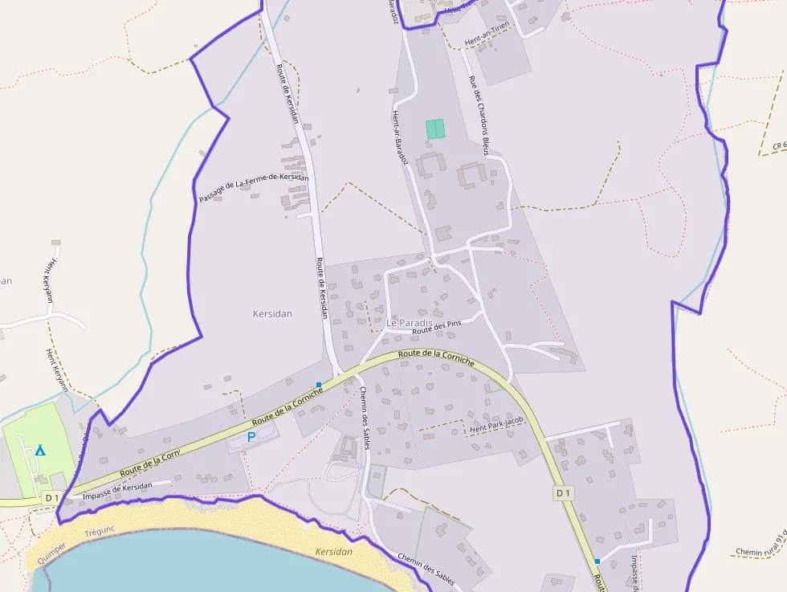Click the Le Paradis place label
(x=409, y=323)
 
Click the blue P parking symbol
(x=251, y=437)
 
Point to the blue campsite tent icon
(x=40, y=449)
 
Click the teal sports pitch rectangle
(x=434, y=129)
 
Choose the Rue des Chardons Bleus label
(x=479, y=115)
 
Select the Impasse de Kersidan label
(x=117, y=492)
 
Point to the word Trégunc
(x=100, y=532)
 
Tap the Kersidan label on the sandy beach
(x=334, y=552)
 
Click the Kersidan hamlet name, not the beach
(x=272, y=314)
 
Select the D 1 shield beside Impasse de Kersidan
(x=52, y=498)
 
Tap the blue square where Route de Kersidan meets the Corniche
(x=319, y=385)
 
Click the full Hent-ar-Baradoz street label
(x=401, y=137)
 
